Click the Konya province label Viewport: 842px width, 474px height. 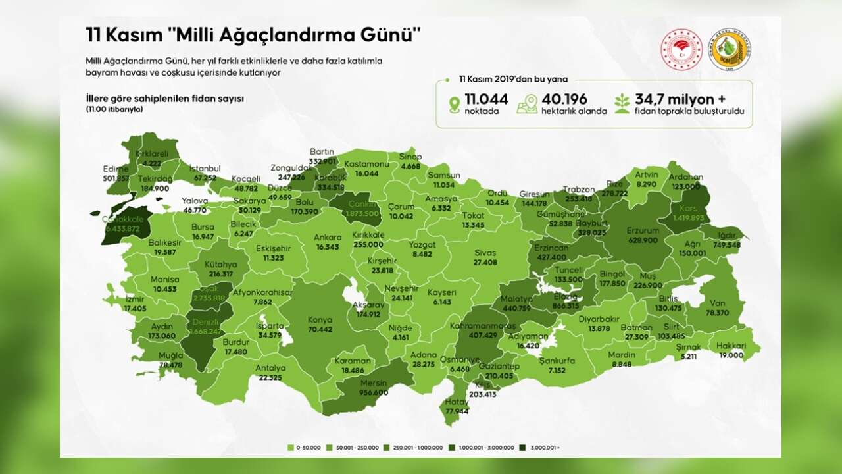click(320, 321)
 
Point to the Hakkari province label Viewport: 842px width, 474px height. click(731, 346)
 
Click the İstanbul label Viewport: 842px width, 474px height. click(205, 169)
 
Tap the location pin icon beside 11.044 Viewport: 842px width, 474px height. click(454, 105)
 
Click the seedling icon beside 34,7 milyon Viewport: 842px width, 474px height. click(622, 104)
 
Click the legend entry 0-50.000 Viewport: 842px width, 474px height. click(306, 448)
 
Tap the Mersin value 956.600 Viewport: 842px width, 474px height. click(372, 392)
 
